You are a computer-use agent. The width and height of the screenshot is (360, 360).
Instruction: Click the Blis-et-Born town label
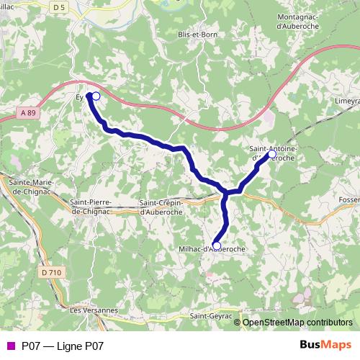197,33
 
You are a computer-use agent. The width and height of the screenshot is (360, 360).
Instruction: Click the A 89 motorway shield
28,112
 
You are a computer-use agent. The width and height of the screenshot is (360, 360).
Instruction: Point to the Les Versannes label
94,310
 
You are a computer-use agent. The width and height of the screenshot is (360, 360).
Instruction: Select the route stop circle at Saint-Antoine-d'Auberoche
272,154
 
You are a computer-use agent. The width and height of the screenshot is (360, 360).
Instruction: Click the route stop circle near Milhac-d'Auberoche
217,245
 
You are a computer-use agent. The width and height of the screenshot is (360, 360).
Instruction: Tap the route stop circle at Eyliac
96,95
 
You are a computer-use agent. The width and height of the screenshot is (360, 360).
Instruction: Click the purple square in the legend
9,346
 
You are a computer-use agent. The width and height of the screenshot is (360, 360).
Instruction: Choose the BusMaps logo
325,346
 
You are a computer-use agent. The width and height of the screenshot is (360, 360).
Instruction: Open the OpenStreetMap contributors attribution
297,322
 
